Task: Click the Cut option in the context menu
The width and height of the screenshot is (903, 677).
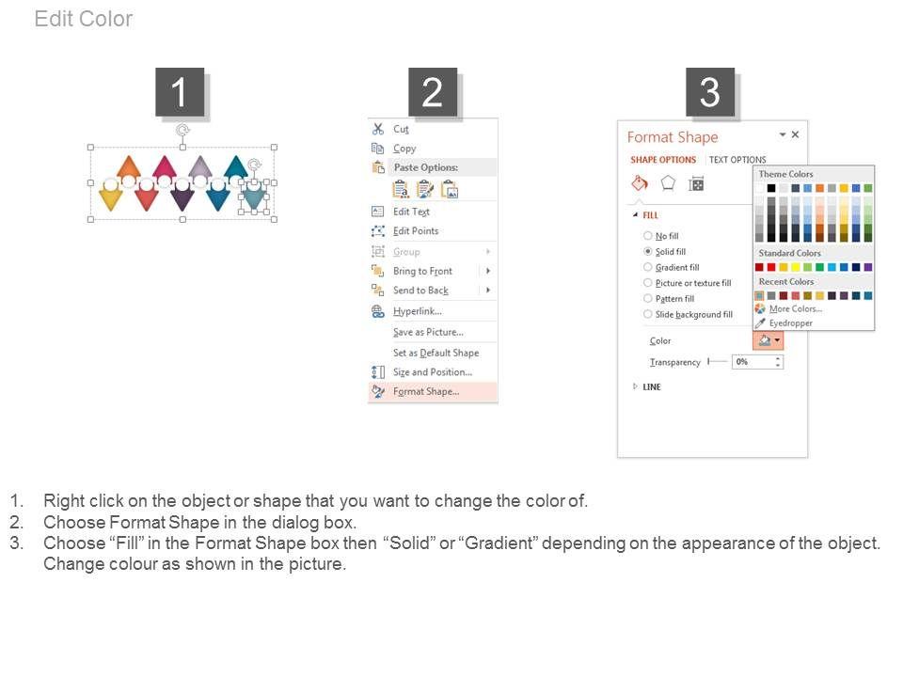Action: (401, 129)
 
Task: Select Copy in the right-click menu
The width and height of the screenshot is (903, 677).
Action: (404, 149)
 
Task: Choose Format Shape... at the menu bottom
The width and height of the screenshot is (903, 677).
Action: (426, 391)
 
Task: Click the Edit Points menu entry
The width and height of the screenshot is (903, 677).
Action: (416, 231)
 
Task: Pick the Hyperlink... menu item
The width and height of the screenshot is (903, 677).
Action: (418, 311)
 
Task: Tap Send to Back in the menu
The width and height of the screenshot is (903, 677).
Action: (421, 291)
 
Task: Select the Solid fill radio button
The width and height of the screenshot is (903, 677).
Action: (648, 252)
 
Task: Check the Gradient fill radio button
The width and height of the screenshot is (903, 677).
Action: (648, 267)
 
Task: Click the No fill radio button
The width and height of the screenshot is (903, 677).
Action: (648, 235)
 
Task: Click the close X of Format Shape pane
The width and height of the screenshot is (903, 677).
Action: (796, 134)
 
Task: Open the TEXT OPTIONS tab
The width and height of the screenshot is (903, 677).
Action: (737, 160)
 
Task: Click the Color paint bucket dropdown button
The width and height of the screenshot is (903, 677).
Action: (768, 340)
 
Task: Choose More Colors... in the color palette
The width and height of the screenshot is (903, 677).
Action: (796, 309)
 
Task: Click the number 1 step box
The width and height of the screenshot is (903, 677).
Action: (180, 92)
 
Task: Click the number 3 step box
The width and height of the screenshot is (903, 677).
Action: (710, 92)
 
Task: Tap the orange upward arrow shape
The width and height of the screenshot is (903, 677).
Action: (129, 167)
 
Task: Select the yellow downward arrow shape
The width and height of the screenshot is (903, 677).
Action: (111, 197)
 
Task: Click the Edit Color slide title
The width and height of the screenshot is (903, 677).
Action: (84, 19)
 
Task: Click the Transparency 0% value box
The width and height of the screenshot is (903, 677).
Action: (757, 362)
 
